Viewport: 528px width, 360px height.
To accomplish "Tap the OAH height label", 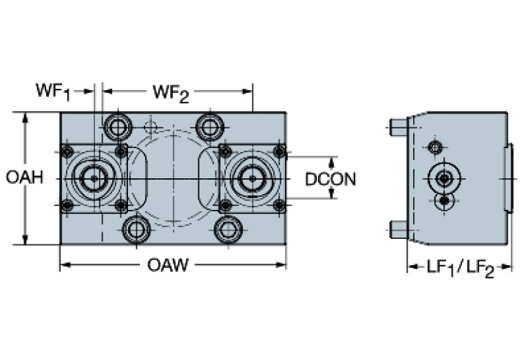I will point(24,178).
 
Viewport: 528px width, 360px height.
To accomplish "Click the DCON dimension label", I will point(330,179).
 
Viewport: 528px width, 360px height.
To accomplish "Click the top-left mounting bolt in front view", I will point(117,127).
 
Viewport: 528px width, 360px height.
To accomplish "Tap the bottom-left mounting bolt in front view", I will point(136,229).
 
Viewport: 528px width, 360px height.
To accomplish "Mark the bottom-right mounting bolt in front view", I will point(228,229).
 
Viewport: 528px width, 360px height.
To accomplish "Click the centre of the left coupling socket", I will point(93,178).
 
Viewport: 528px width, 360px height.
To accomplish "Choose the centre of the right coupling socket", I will point(252,178).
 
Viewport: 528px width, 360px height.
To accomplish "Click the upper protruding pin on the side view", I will point(397,127).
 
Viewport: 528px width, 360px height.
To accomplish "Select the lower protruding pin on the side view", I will point(397,229).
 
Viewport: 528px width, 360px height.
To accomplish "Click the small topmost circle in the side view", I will point(434,147).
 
